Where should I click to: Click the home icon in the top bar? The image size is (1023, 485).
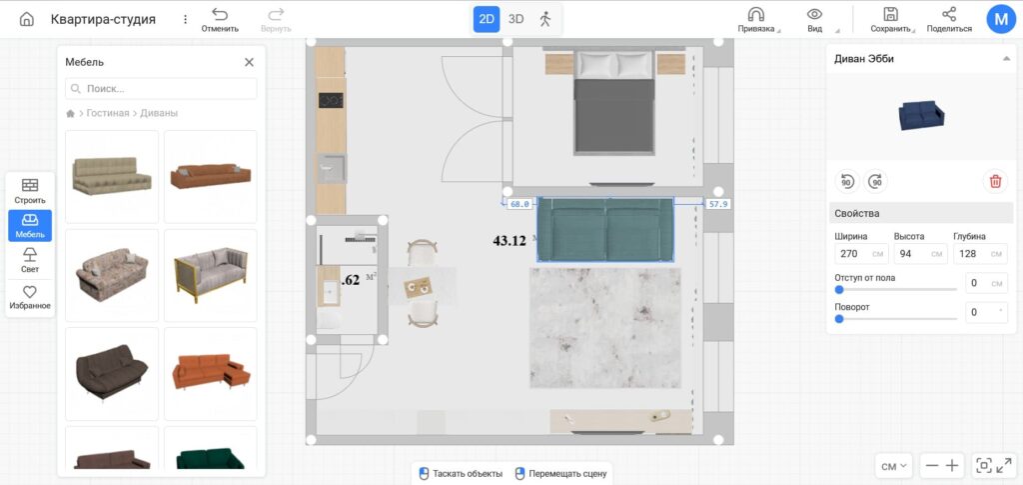coord(27,19)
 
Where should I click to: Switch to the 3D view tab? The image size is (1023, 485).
coord(516,19)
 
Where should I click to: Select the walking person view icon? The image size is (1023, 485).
coord(545,19)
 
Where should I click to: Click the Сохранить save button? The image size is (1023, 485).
coord(890,20)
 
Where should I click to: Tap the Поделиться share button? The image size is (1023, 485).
coord(949,20)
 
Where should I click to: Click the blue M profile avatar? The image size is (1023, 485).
coord(1001,20)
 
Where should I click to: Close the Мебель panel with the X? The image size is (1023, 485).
coord(249,62)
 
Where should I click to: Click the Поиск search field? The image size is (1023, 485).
coord(161,88)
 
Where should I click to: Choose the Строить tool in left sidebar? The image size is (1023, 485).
coord(30,191)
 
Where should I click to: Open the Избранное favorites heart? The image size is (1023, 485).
coord(30,297)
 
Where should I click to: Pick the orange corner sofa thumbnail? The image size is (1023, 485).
coord(211,374)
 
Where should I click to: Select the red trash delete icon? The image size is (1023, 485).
coord(996,181)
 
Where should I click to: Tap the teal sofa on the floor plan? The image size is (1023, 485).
coord(605,230)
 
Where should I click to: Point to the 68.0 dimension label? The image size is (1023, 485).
coord(519,204)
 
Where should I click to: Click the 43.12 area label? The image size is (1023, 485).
coord(510,241)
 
